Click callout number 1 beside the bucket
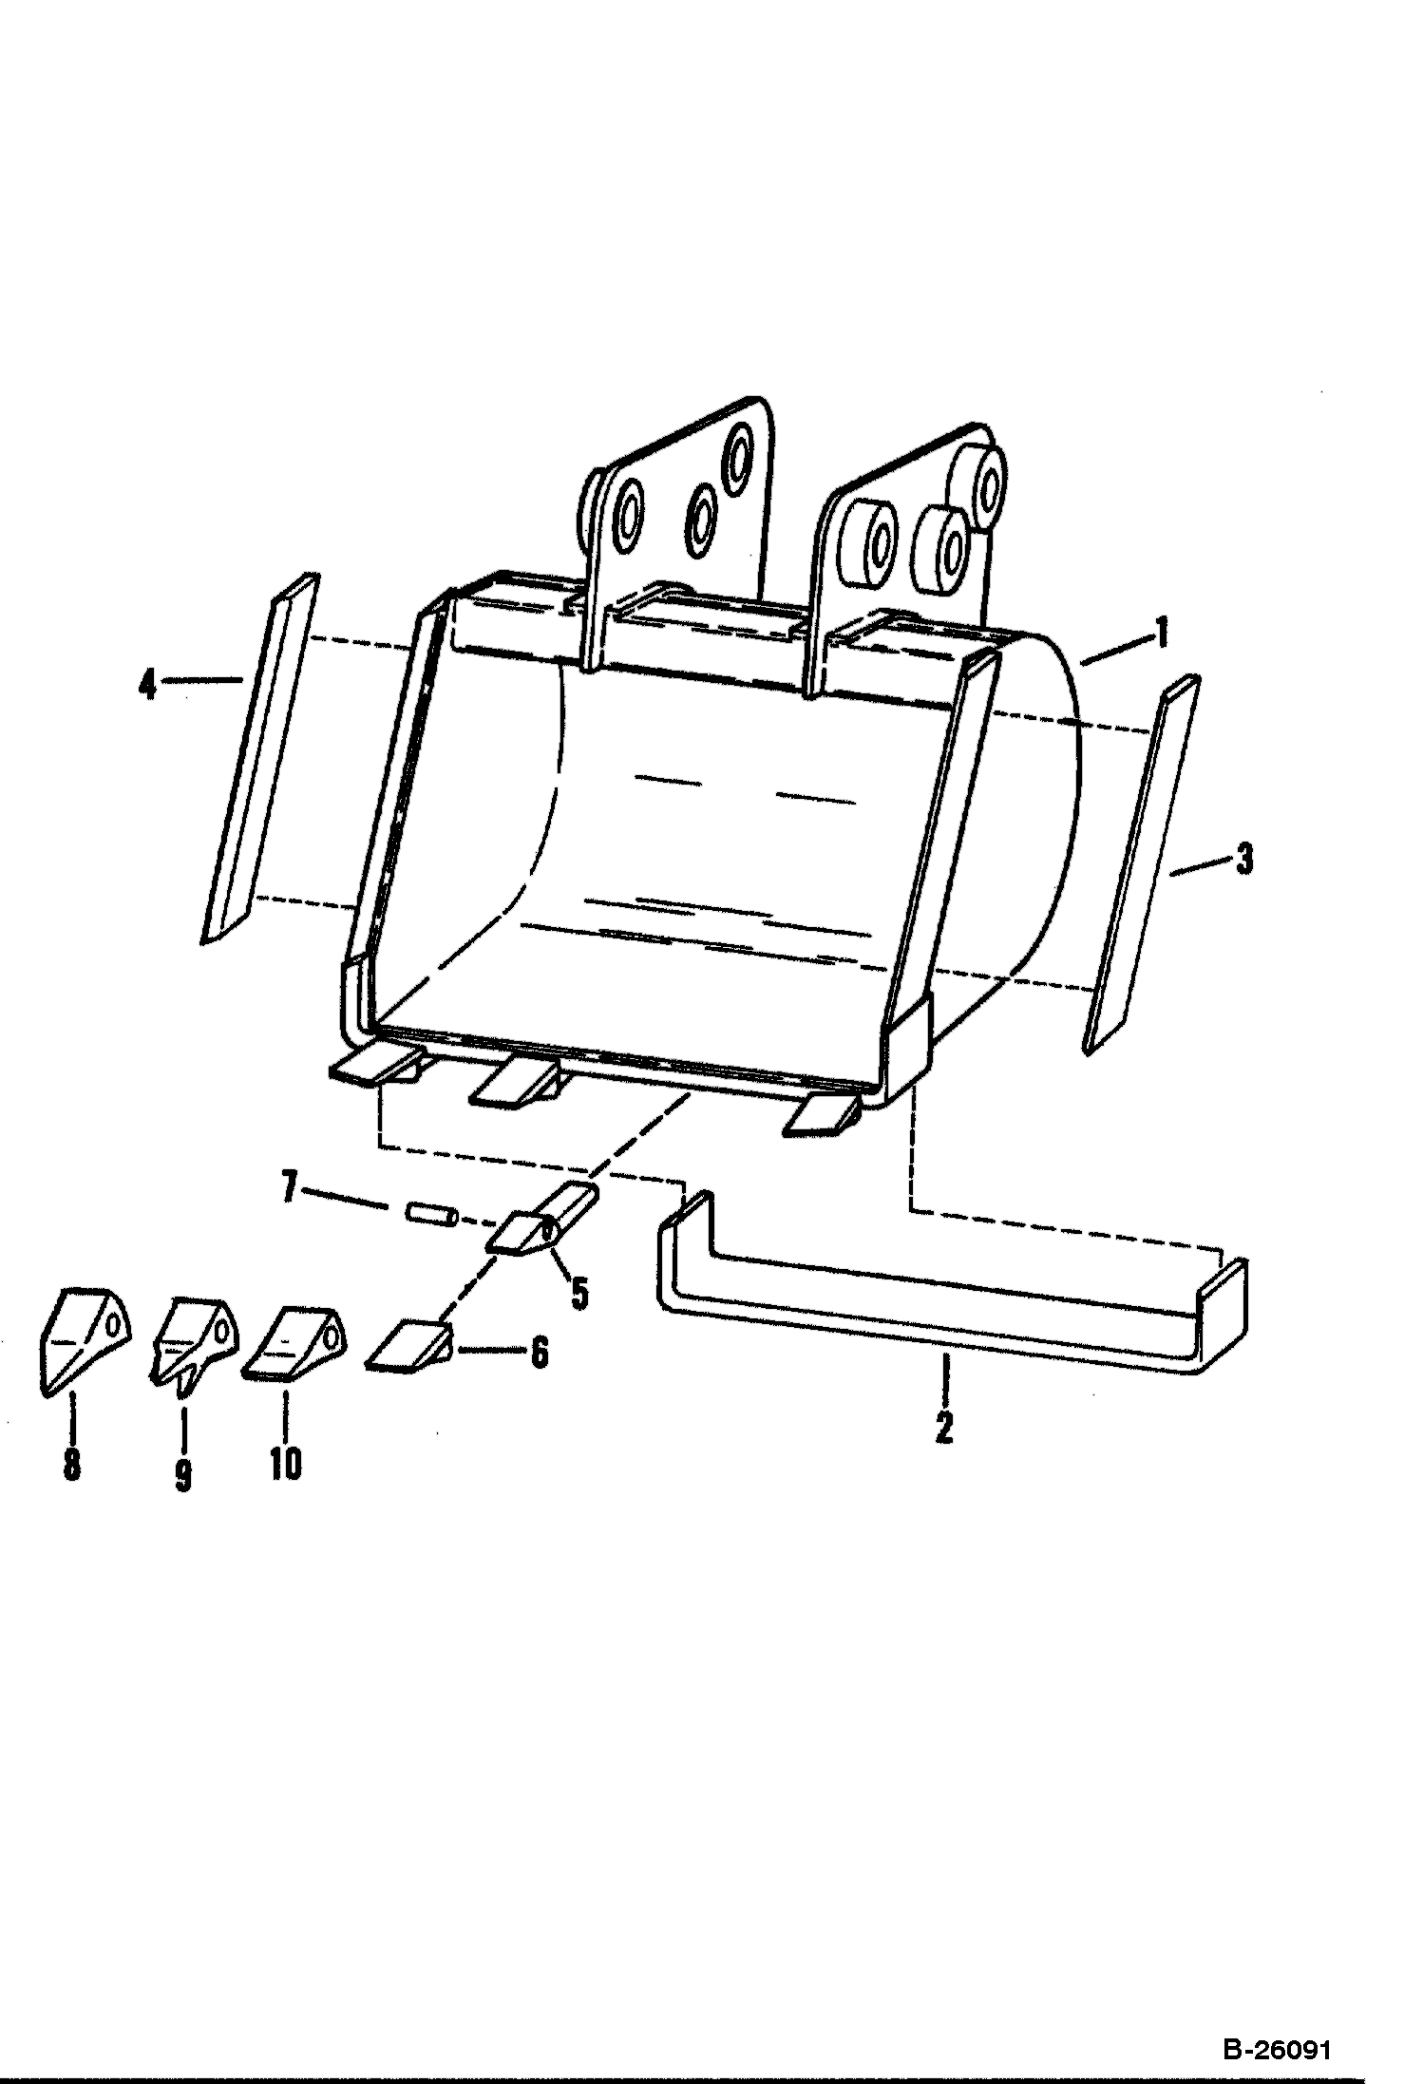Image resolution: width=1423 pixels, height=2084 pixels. [1159, 632]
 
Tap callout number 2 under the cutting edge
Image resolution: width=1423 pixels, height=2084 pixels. [943, 1428]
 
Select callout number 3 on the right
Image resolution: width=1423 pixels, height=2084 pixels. [1243, 860]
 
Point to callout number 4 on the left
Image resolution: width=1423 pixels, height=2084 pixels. [147, 684]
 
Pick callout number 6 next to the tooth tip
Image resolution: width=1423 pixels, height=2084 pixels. [539, 1353]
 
